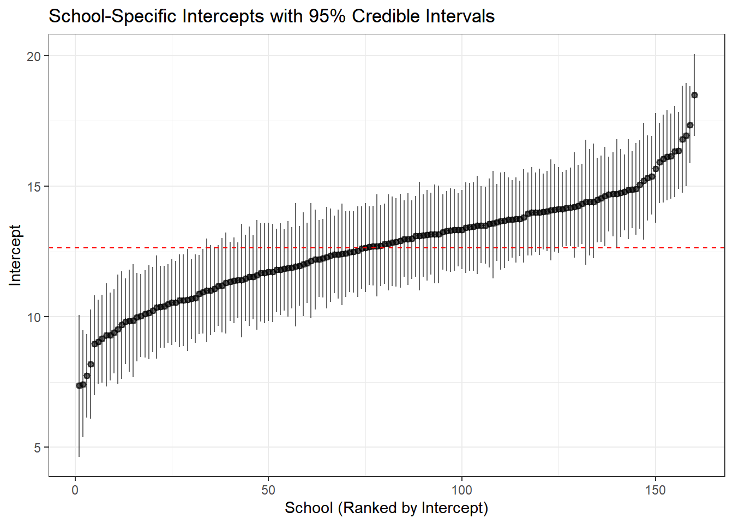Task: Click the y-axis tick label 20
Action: (x=34, y=56)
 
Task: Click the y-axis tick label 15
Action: (x=34, y=187)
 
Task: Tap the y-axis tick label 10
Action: (x=34, y=317)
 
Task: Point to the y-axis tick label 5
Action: (x=37, y=448)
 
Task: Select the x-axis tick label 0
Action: (x=75, y=490)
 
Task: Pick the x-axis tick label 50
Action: (x=268, y=490)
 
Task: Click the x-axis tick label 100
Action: (x=461, y=490)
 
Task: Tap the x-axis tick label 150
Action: (x=655, y=490)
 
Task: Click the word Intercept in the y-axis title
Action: (x=15, y=255)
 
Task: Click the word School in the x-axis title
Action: (x=309, y=508)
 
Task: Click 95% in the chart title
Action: (x=327, y=16)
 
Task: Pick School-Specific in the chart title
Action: (x=112, y=16)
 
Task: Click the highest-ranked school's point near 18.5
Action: (x=694, y=95)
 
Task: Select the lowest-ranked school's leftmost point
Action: (x=79, y=385)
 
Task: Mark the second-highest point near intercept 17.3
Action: (x=690, y=126)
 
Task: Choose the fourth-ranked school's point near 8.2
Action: (x=91, y=364)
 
